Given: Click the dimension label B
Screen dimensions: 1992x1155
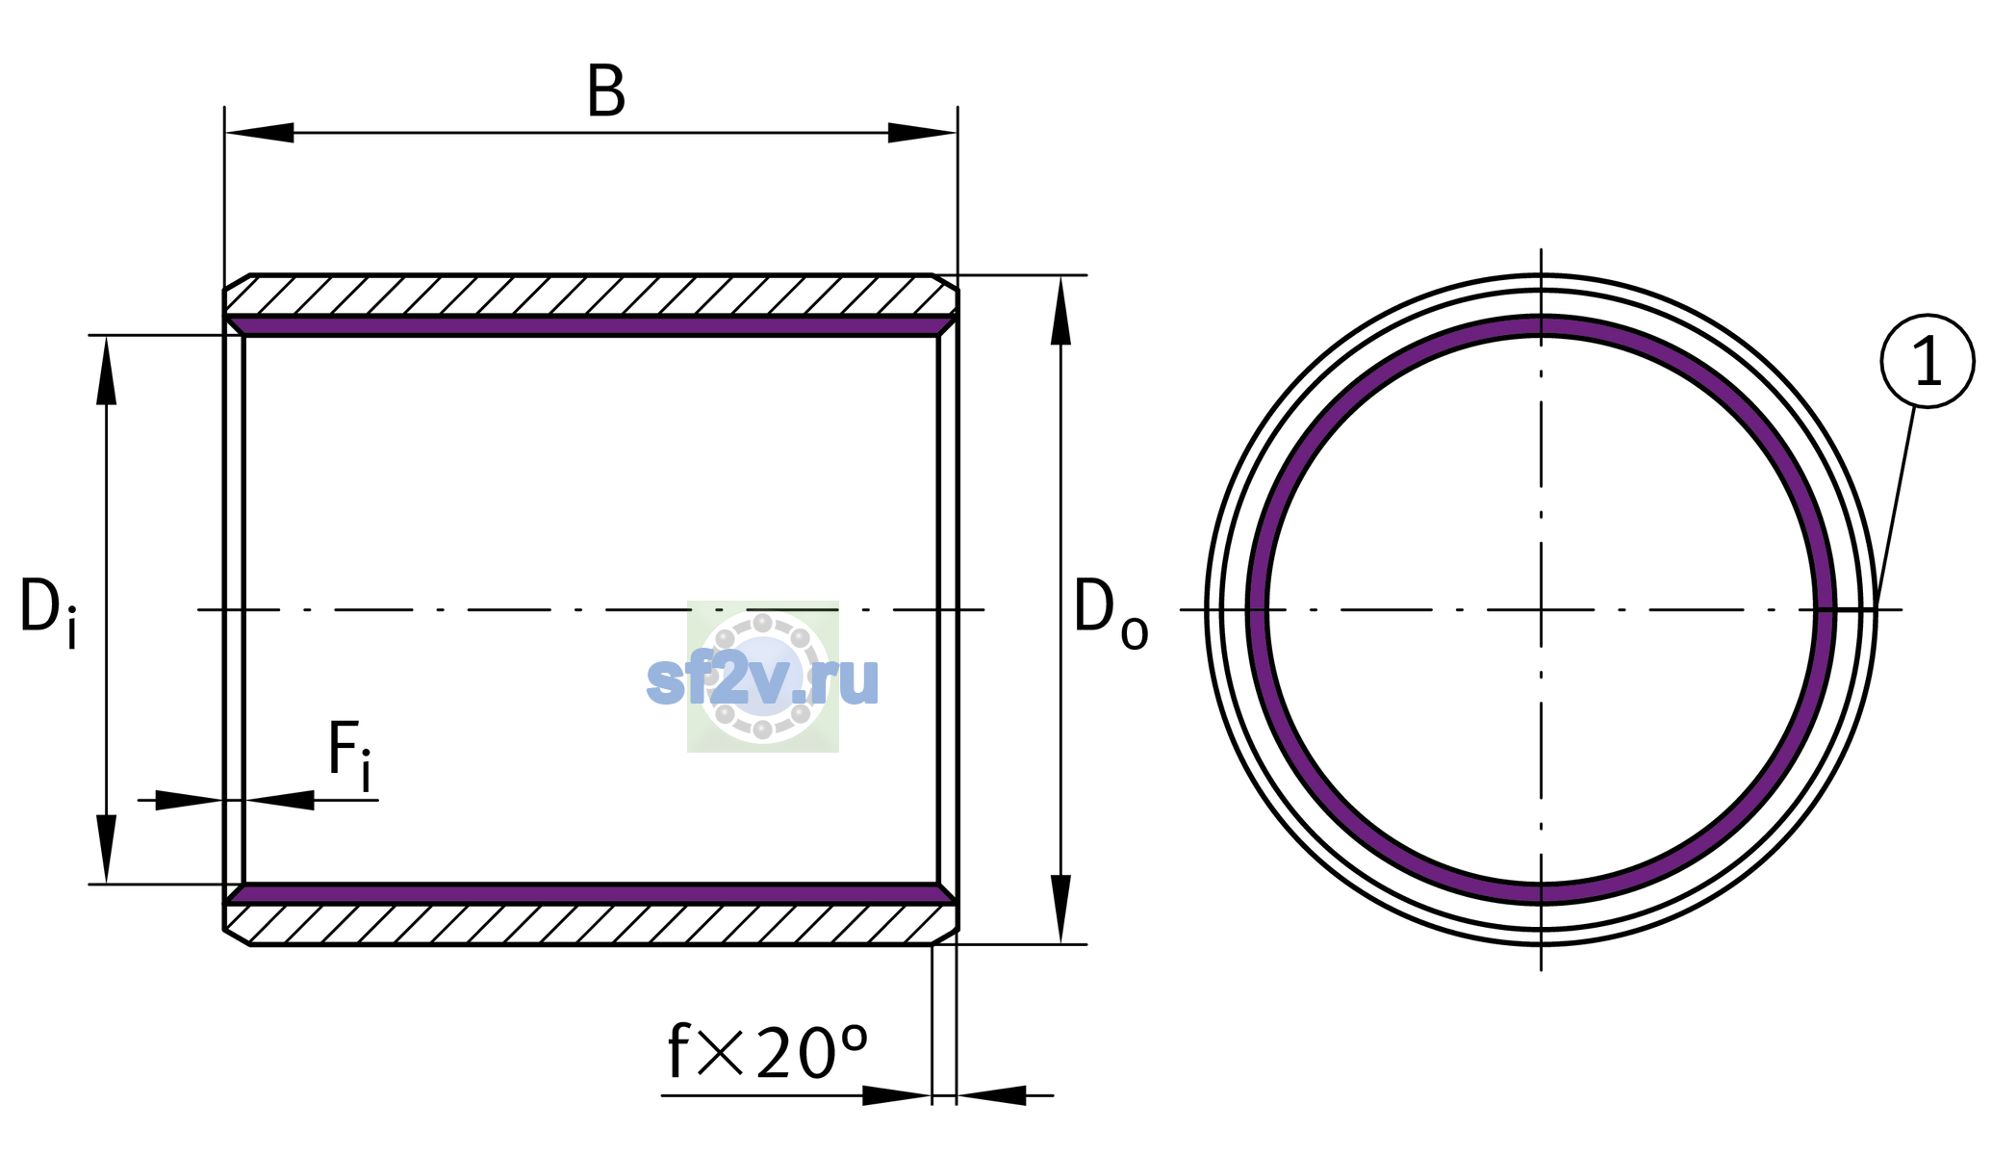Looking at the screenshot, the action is coord(606,92).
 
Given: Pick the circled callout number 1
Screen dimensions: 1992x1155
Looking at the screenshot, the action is coord(1928,361).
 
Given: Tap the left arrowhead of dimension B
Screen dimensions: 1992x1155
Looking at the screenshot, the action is coord(260,133).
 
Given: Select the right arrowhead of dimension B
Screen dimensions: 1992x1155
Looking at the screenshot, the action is coord(922,133).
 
